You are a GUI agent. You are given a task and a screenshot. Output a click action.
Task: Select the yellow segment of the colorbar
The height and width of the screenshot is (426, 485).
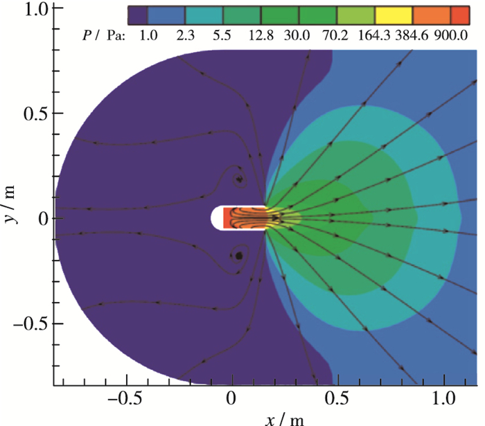tap(394, 14)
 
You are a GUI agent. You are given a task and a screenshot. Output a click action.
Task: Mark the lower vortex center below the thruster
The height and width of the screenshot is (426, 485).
tap(239, 256)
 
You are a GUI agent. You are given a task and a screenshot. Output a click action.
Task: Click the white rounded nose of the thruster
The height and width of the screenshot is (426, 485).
tap(215, 218)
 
